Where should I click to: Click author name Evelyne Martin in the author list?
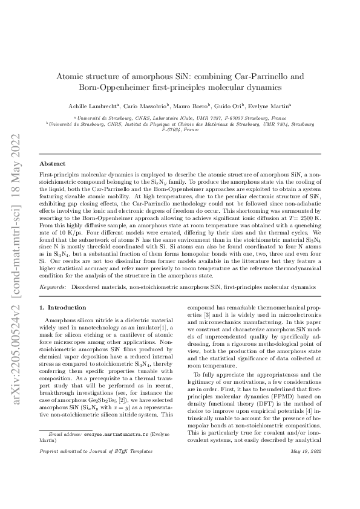283,105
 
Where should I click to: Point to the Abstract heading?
53,164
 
